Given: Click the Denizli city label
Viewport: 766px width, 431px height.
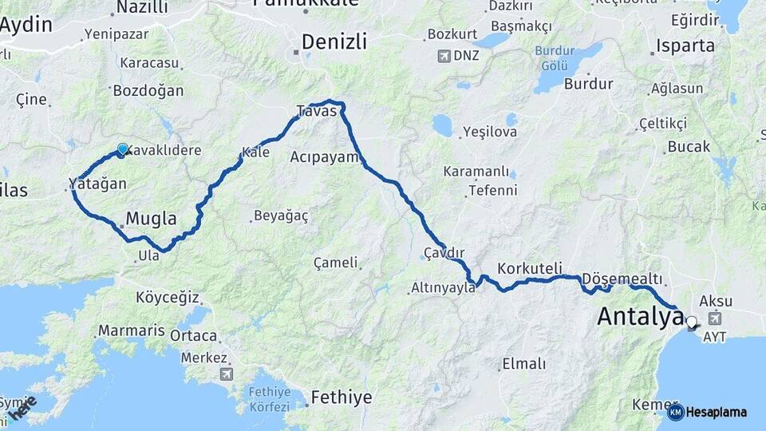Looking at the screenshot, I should (x=334, y=42).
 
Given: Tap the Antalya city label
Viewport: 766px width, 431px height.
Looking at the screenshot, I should (x=640, y=316).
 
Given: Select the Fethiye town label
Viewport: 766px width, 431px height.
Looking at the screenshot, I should (x=342, y=397).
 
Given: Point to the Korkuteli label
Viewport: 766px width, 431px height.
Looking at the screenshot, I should (x=530, y=268).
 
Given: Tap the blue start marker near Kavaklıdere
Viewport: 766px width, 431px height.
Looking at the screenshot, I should (x=122, y=149).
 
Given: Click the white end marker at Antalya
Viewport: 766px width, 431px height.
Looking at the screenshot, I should (x=691, y=322).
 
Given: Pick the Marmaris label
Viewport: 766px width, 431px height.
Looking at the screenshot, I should (x=131, y=330).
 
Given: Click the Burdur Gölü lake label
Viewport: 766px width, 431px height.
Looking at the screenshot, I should (x=559, y=57).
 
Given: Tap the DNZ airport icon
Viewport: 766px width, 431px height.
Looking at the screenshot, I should (x=444, y=57).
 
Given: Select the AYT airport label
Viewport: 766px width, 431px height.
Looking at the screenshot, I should (x=715, y=338).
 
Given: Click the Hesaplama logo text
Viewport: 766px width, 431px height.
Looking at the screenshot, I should (x=716, y=413).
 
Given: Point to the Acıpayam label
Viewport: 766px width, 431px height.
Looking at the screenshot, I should (x=325, y=156).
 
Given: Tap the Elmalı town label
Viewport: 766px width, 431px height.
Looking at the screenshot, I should (x=523, y=364).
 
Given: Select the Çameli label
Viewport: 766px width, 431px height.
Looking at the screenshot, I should (x=336, y=262).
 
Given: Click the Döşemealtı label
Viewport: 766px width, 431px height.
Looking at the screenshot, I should (x=622, y=278).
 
